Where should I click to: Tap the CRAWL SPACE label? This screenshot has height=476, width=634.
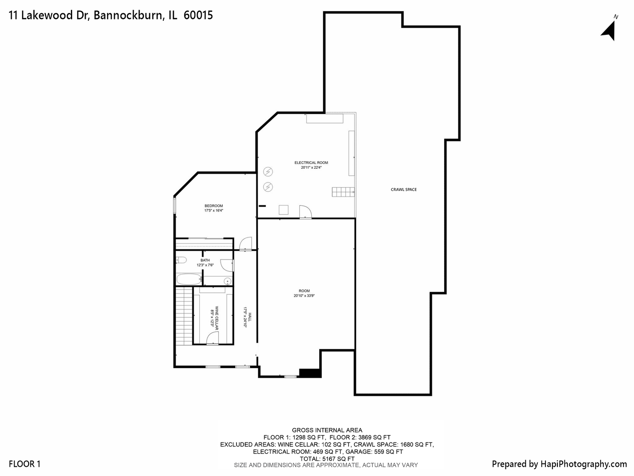(x=403, y=190)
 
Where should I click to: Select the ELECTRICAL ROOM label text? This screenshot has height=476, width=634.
(x=311, y=163)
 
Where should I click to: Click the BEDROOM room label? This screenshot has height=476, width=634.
(x=214, y=206)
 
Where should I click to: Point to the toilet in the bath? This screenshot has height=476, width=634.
(x=181, y=260)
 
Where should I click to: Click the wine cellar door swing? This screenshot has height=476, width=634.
(x=212, y=338)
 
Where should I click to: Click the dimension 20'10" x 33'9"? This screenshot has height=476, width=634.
(x=304, y=296)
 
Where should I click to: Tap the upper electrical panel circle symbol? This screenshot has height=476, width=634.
(x=268, y=171)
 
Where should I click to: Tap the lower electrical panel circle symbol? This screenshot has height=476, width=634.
(x=268, y=187)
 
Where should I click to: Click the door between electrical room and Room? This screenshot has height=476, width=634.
(x=305, y=212)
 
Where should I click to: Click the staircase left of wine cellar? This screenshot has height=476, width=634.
(x=184, y=316)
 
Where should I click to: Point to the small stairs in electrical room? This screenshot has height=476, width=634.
(x=343, y=192)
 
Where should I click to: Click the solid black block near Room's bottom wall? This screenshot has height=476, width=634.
(x=310, y=373)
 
